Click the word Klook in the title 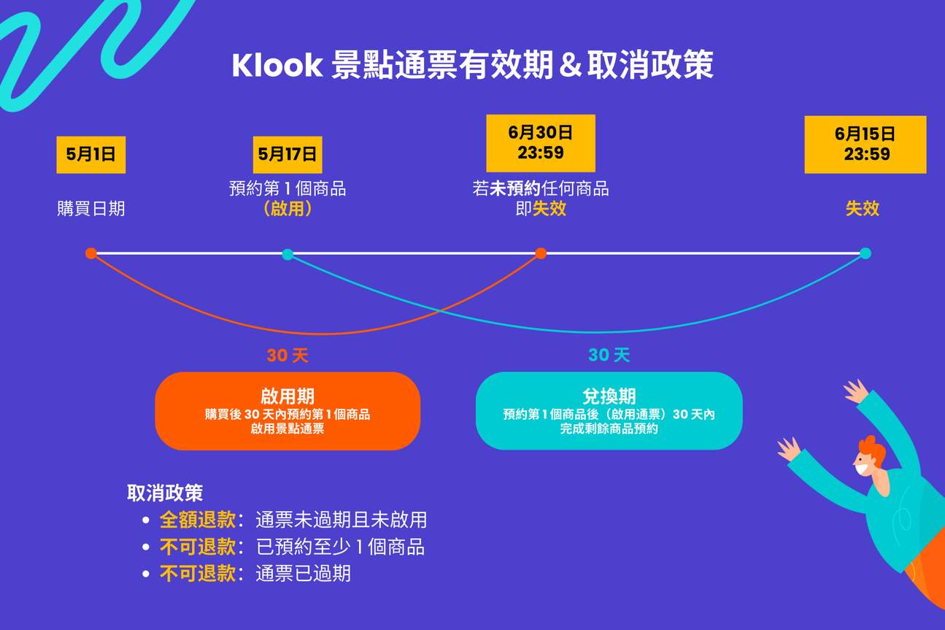pyautogui.click(x=277, y=66)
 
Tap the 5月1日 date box pyautogui.click(x=91, y=155)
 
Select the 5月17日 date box pyautogui.click(x=288, y=155)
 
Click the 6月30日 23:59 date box pyautogui.click(x=541, y=143)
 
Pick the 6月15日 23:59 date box pyautogui.click(x=865, y=145)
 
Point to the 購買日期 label pyautogui.click(x=91, y=209)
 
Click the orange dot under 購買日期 pyautogui.click(x=90, y=253)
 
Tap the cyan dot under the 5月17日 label pyautogui.click(x=288, y=254)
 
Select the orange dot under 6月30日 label pyautogui.click(x=541, y=253)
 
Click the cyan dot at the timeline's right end pyautogui.click(x=865, y=253)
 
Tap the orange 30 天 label pyautogui.click(x=288, y=356)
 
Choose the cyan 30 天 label pyautogui.click(x=609, y=355)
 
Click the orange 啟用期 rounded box pyautogui.click(x=288, y=411)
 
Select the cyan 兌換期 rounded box pyautogui.click(x=609, y=411)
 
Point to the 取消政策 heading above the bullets pyautogui.click(x=165, y=493)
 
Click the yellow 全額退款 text pyautogui.click(x=198, y=520)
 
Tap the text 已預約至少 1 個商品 pyautogui.click(x=340, y=547)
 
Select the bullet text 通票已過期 pyautogui.click(x=303, y=574)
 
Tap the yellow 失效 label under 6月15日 pyautogui.click(x=863, y=209)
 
